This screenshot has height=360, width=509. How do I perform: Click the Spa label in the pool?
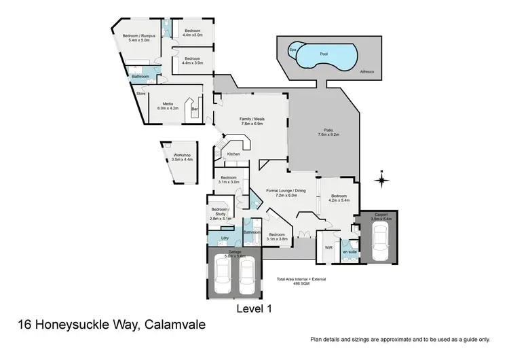pyautogui.click(x=293, y=50)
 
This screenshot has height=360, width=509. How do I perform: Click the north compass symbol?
pyautogui.click(x=383, y=180)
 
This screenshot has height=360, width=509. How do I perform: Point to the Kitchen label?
pyautogui.click(x=233, y=154)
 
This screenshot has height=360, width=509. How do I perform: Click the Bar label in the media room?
pyautogui.click(x=194, y=109)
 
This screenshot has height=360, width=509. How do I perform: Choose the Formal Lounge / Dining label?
pyautogui.click(x=286, y=192)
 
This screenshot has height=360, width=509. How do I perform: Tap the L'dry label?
pyautogui.click(x=225, y=238)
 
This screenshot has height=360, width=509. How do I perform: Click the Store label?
pyautogui.click(x=141, y=93)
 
